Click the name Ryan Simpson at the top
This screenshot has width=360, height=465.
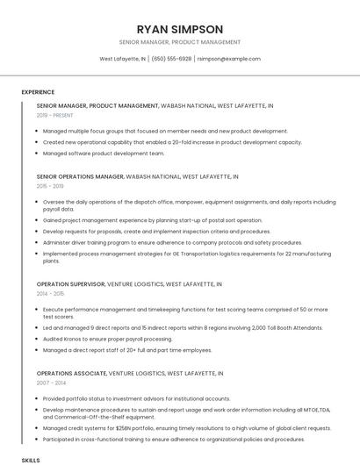pyautogui.click(x=180, y=29)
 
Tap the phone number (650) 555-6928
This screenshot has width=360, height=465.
pyautogui.click(x=172, y=59)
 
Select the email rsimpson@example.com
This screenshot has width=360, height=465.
pyautogui.click(x=228, y=59)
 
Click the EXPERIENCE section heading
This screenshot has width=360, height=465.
pyautogui.click(x=38, y=91)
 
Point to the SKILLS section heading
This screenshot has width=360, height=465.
pyautogui.click(x=31, y=459)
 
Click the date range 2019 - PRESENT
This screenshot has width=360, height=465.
pyautogui.click(x=55, y=115)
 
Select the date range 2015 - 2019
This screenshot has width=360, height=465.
pyautogui.click(x=51, y=186)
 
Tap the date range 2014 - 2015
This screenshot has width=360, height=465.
pyautogui.click(x=51, y=294)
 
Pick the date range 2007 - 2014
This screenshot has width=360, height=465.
pyautogui.click(x=51, y=383)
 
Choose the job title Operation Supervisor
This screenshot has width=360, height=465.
pyautogui.click(x=70, y=284)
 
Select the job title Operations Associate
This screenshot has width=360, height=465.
pyautogui.click(x=70, y=373)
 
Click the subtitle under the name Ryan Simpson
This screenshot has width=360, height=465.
pyautogui.click(x=180, y=42)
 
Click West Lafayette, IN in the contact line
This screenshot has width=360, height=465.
pyautogui.click(x=123, y=59)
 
